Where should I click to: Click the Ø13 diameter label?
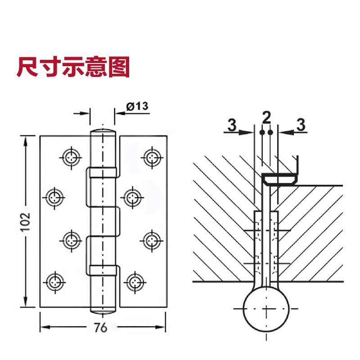[137, 106]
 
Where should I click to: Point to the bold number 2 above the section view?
[266, 118]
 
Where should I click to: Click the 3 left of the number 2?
[231, 125]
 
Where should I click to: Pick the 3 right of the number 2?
[301, 125]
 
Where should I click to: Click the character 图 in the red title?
[119, 67]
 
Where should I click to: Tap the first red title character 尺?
[28, 67]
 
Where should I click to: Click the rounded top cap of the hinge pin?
[103, 133]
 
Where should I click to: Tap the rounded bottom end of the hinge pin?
[103, 310]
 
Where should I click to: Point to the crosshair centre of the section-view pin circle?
[266, 310]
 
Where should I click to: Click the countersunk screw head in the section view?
[280, 179]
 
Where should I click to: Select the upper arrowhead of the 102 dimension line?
[27, 138]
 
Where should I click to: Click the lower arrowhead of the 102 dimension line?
[27, 304]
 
